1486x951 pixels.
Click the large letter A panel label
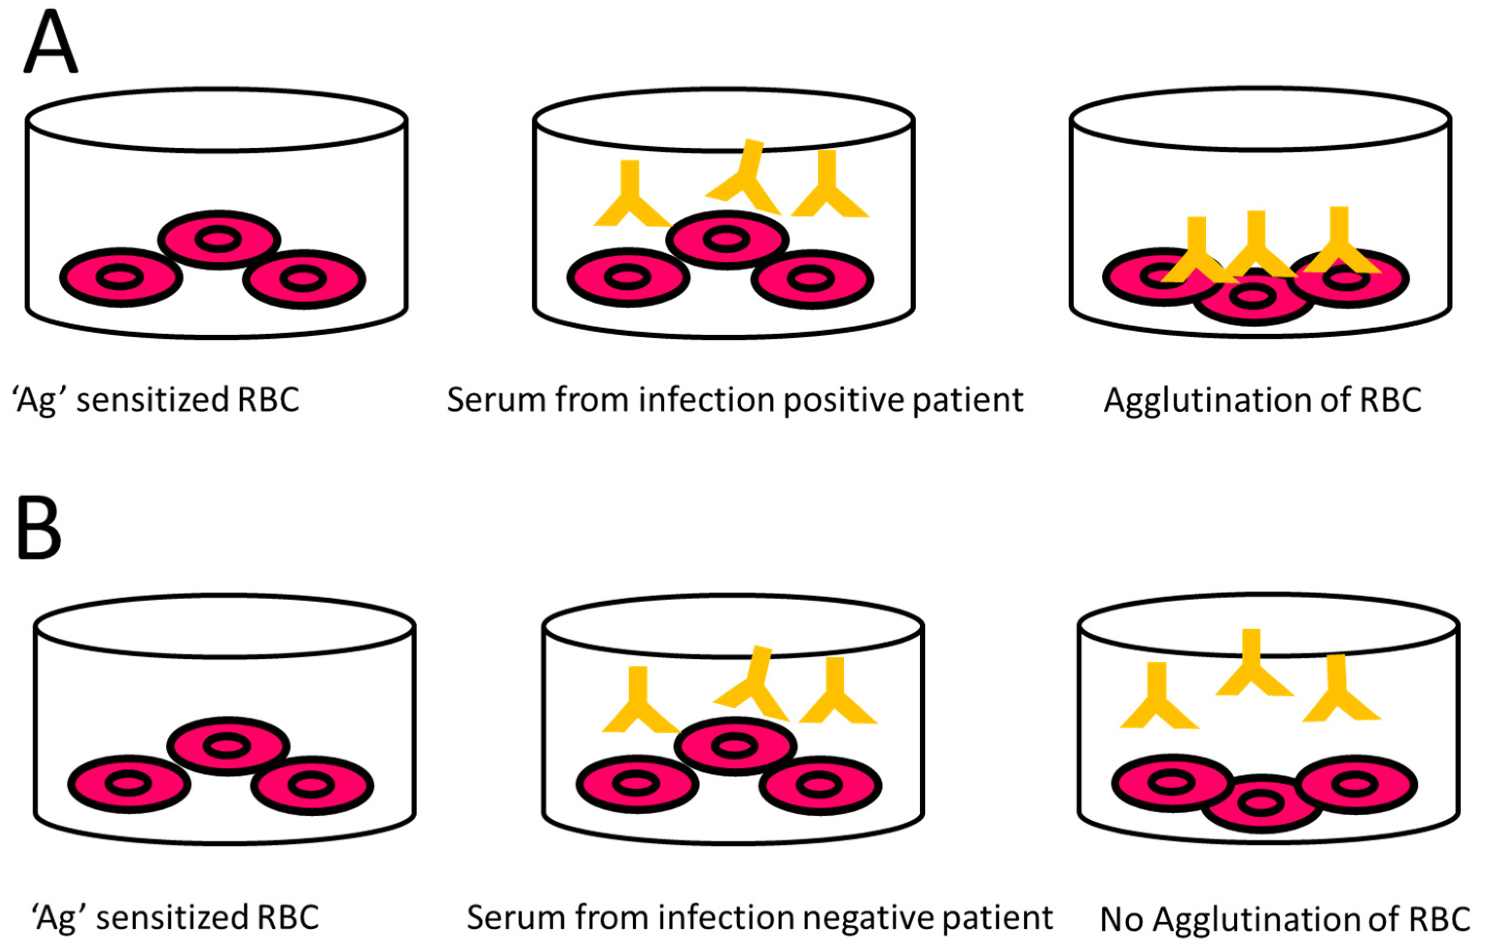51,42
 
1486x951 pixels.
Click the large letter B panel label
39,528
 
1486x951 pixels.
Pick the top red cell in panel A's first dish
219,240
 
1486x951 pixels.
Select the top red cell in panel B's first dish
228,746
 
